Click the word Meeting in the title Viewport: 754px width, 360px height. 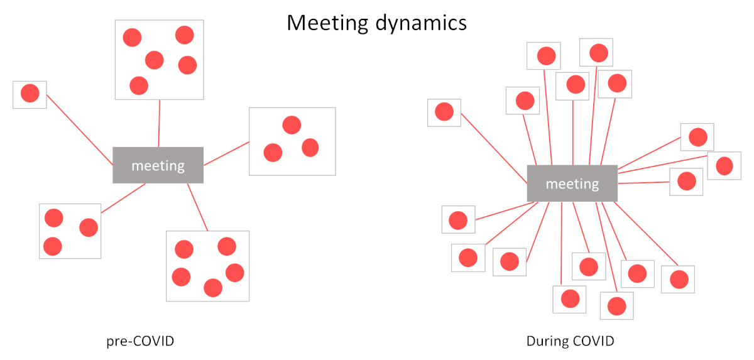click(327, 23)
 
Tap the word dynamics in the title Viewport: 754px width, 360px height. click(421, 23)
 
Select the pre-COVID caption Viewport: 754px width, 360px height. click(140, 341)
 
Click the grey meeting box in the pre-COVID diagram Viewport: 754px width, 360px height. click(158, 165)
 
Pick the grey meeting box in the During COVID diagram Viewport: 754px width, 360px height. click(572, 183)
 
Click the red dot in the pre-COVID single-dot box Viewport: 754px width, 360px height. click(30, 93)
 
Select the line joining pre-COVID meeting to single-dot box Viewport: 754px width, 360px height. click(80, 130)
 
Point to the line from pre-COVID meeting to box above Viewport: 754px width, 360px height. click(159, 123)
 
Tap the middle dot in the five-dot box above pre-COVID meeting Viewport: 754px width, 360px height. click(155, 60)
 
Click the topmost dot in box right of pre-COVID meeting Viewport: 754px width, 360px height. click(292, 125)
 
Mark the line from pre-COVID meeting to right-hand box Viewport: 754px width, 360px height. click(227, 153)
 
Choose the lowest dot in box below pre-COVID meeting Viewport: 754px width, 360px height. click(213, 288)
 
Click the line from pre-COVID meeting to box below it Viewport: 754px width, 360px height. click(197, 207)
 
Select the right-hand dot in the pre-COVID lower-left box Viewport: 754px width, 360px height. click(89, 227)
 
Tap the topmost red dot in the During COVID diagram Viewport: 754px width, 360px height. click(599, 53)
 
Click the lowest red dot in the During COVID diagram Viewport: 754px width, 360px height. click(616, 306)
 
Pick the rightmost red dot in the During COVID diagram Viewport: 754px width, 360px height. click(724, 166)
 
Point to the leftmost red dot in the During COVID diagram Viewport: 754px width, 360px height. click(444, 111)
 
